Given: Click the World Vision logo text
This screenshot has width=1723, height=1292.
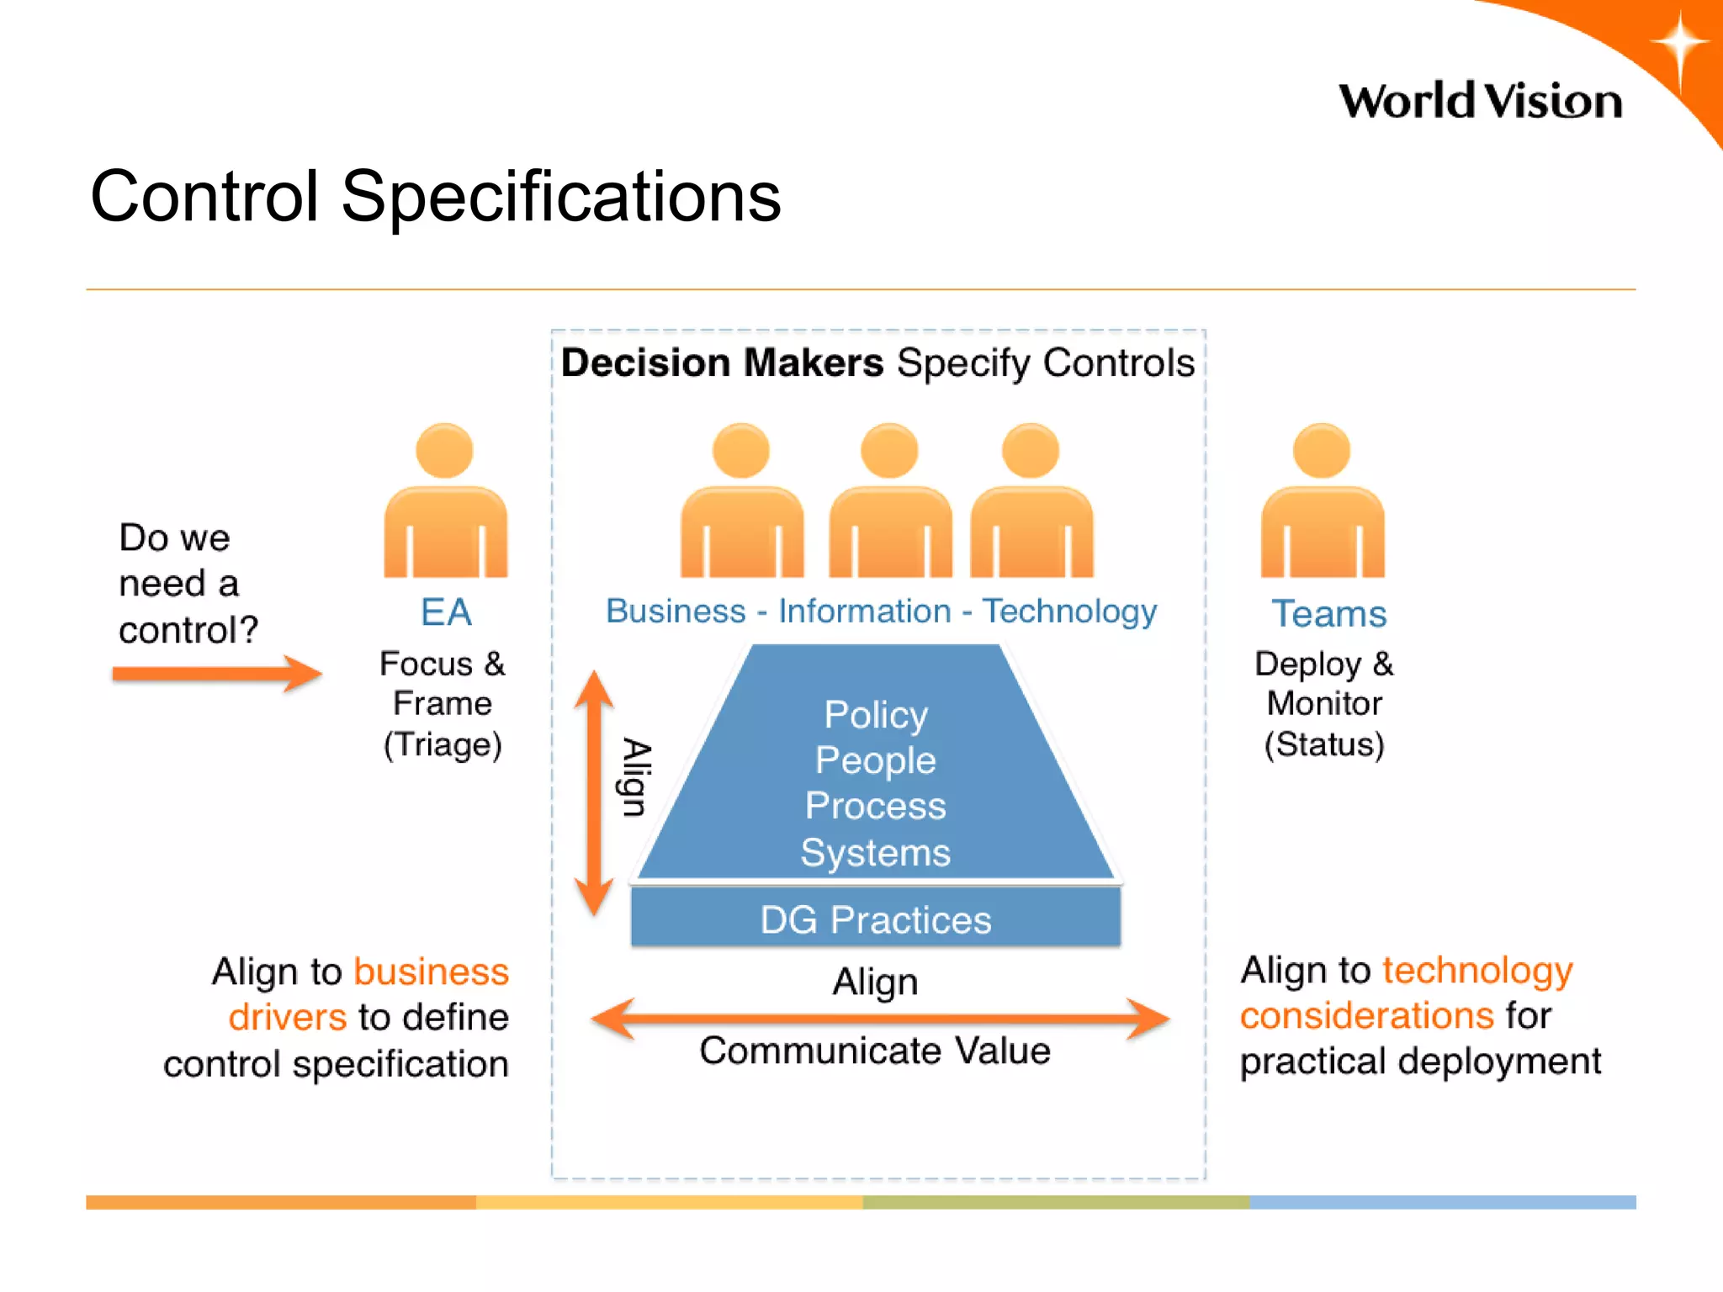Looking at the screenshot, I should [1480, 102].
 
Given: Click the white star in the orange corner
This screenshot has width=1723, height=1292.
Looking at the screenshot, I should [1679, 44].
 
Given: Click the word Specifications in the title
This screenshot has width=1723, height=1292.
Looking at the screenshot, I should [561, 197].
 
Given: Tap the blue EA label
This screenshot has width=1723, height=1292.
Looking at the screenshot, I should [446, 612].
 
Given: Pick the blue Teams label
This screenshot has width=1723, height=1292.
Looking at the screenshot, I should [1328, 614].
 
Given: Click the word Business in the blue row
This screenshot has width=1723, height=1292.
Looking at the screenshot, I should [676, 612].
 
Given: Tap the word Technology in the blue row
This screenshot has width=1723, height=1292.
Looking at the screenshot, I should [1069, 612].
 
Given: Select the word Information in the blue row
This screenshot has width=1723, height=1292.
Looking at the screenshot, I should [864, 612].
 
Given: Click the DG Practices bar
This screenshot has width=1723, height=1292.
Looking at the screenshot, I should [875, 919].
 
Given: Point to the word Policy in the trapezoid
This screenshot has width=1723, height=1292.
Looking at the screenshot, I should [875, 715].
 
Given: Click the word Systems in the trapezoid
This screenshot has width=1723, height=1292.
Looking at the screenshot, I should [875, 853].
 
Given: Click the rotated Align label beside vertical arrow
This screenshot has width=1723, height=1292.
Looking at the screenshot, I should [636, 777].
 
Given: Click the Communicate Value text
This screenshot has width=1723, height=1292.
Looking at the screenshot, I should [875, 1051].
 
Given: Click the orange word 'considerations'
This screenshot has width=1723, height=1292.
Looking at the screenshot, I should [1366, 1015].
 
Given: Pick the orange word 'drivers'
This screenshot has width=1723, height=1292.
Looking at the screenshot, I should [288, 1018].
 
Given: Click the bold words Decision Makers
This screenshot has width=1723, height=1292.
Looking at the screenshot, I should [722, 363].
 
